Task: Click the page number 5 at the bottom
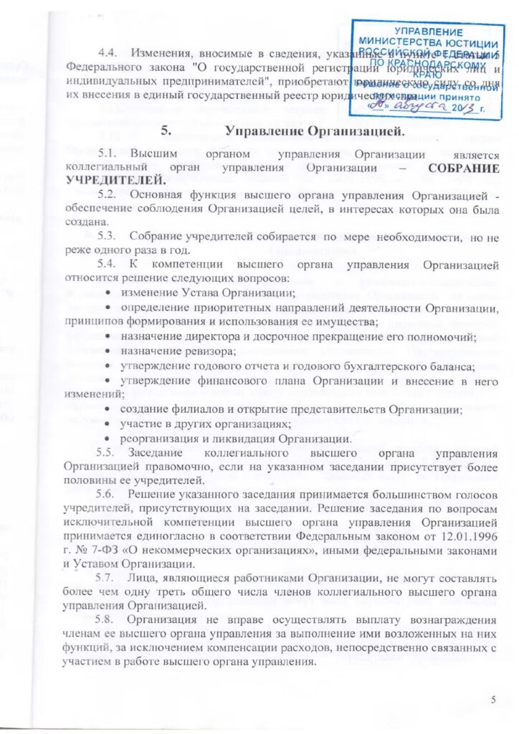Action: pyautogui.click(x=492, y=699)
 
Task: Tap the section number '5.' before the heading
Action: pyautogui.click(x=166, y=131)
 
